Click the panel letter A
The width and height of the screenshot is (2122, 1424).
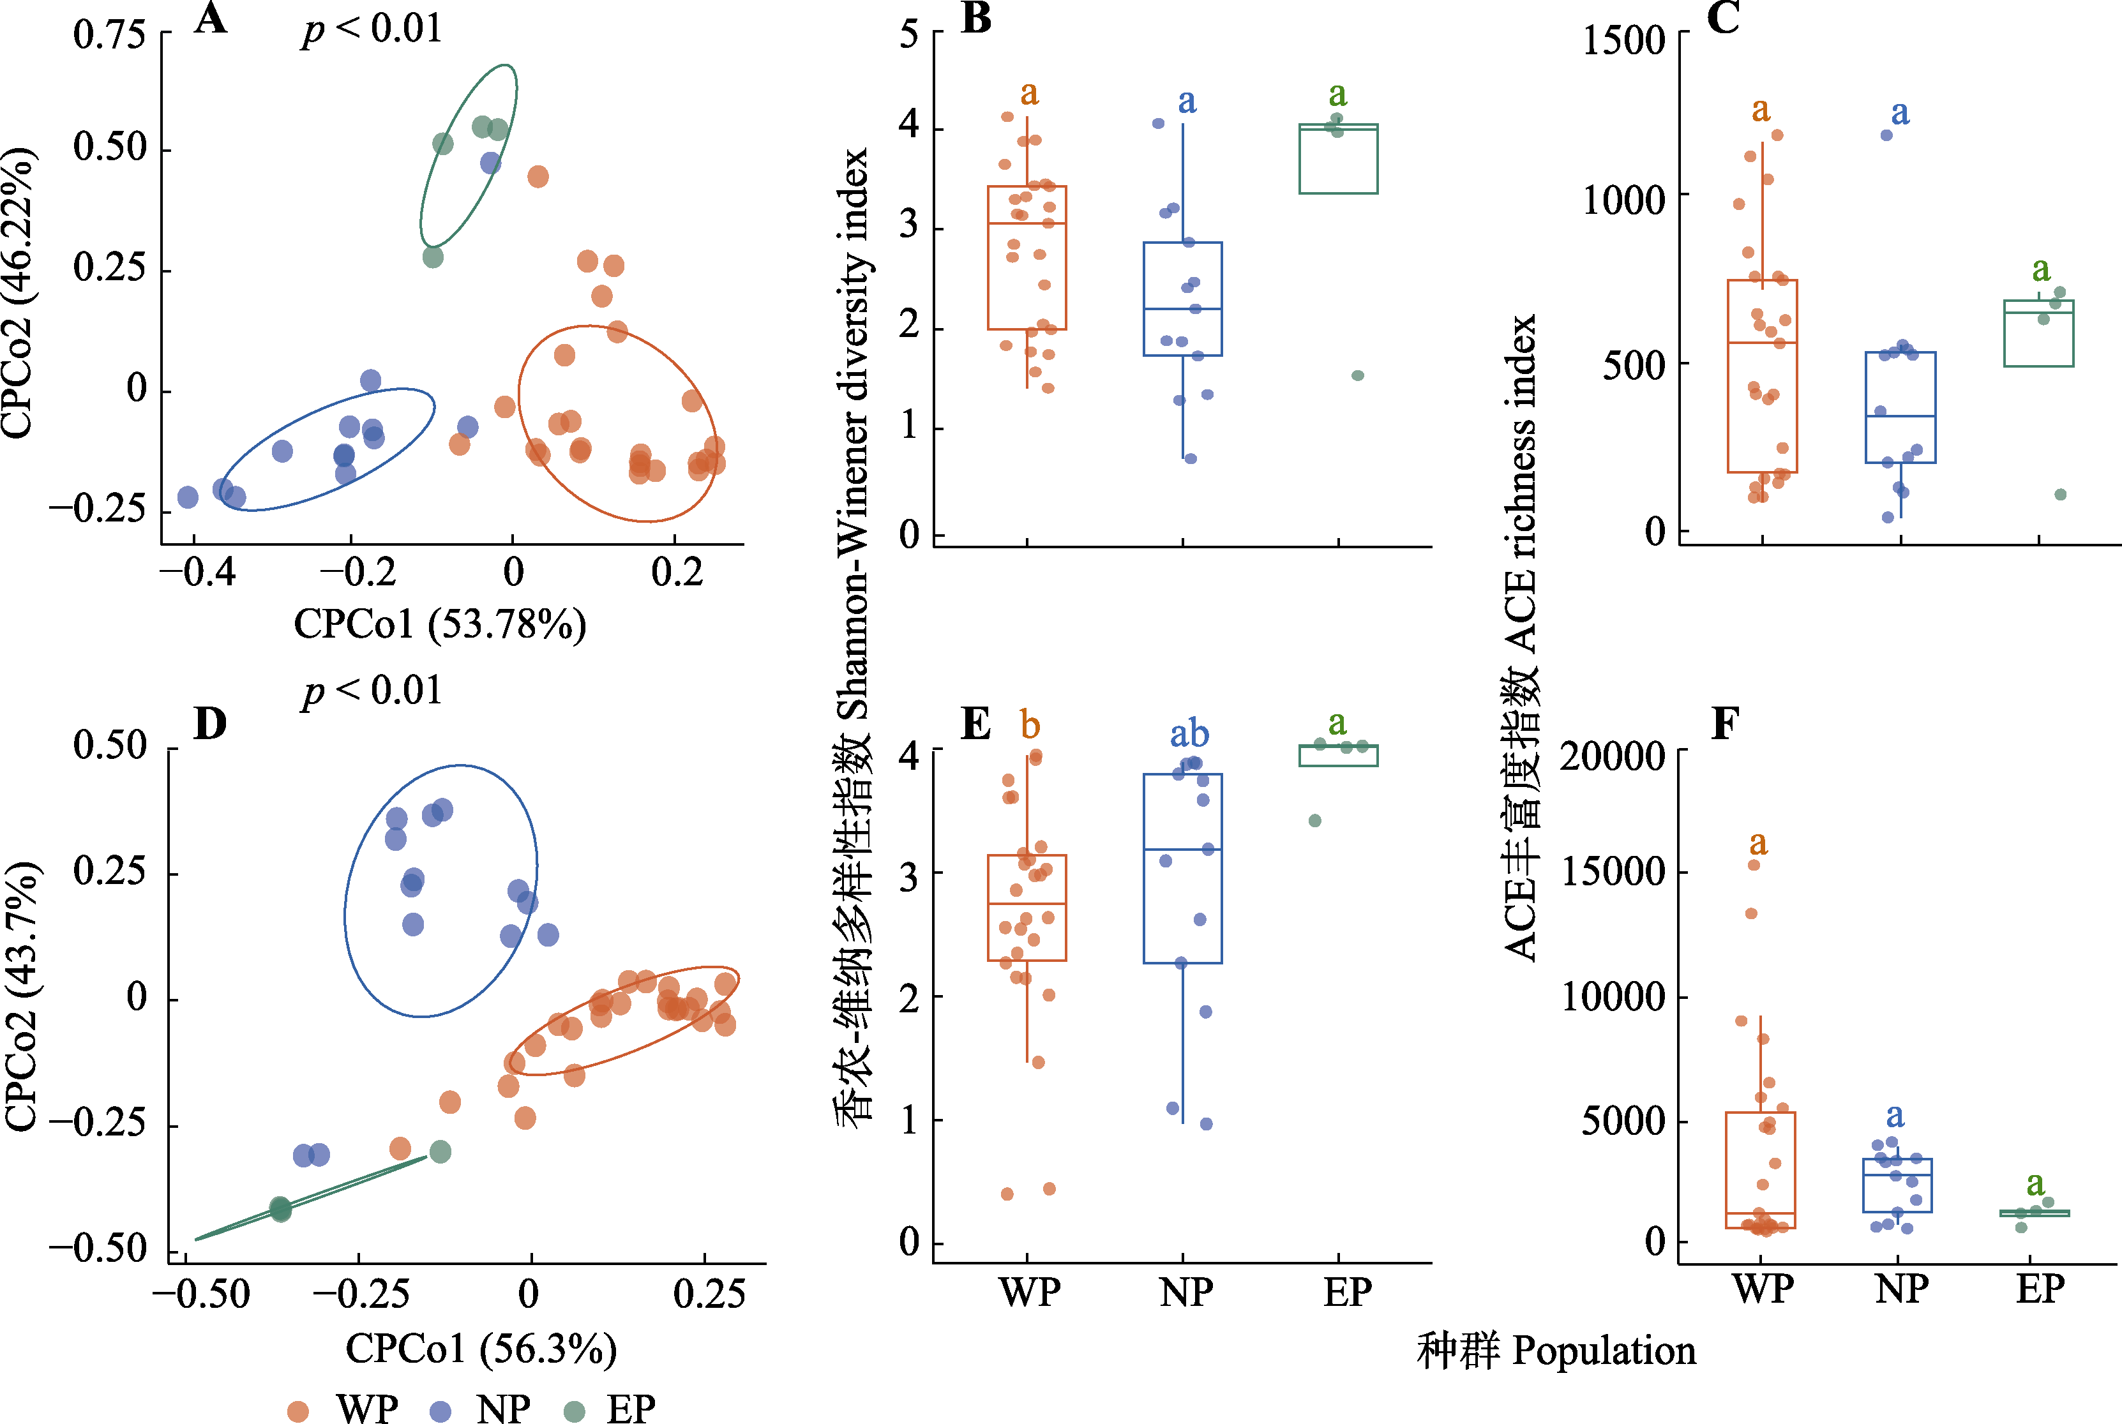coord(211,18)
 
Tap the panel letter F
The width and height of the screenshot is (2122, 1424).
coord(1724,724)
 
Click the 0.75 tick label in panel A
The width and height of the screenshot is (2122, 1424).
coord(110,34)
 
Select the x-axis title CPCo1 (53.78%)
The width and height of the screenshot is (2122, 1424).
coord(440,624)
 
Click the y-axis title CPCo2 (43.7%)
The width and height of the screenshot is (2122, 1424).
coord(22,996)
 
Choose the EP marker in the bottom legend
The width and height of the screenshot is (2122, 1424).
coord(574,1411)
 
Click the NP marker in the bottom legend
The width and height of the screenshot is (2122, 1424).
coord(440,1411)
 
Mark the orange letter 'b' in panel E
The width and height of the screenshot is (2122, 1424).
coord(1029,724)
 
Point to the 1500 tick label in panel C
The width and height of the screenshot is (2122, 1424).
coord(1623,41)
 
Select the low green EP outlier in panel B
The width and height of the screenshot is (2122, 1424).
coord(1357,375)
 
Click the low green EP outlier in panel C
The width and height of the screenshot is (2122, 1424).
coord(2060,494)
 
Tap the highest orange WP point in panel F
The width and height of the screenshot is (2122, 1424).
coord(1754,865)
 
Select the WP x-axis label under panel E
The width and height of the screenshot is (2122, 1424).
coord(1029,1291)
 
